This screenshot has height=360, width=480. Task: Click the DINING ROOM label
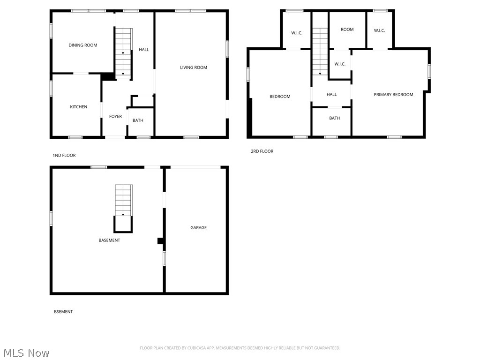pyautogui.click(x=83, y=45)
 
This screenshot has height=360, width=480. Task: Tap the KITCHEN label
pyautogui.click(x=79, y=107)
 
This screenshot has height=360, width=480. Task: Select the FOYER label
pyautogui.click(x=115, y=117)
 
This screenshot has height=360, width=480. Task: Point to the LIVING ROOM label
pyautogui.click(x=194, y=67)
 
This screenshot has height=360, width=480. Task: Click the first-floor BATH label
pyautogui.click(x=138, y=120)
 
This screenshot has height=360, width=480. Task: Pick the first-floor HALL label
pyautogui.click(x=144, y=50)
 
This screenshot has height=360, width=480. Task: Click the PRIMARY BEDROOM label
pyautogui.click(x=393, y=95)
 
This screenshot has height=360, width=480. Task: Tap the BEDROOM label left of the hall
pyautogui.click(x=280, y=97)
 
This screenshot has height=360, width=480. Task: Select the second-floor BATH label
pyautogui.click(x=334, y=118)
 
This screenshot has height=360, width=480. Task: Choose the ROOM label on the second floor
pyautogui.click(x=347, y=30)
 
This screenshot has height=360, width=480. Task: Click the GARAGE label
pyautogui.click(x=198, y=228)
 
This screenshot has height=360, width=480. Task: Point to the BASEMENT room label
pyautogui.click(x=109, y=240)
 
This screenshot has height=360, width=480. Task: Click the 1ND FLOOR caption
pyautogui.click(x=64, y=156)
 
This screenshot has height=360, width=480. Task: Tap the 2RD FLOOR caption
pyautogui.click(x=262, y=151)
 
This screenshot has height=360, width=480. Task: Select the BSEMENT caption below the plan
pyautogui.click(x=63, y=312)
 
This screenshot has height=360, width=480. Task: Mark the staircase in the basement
pyautogui.click(x=124, y=200)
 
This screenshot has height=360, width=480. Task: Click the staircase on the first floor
pyautogui.click(x=124, y=52)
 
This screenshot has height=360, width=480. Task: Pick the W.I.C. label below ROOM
pyautogui.click(x=340, y=64)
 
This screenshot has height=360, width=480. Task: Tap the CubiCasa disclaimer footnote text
pyautogui.click(x=240, y=348)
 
